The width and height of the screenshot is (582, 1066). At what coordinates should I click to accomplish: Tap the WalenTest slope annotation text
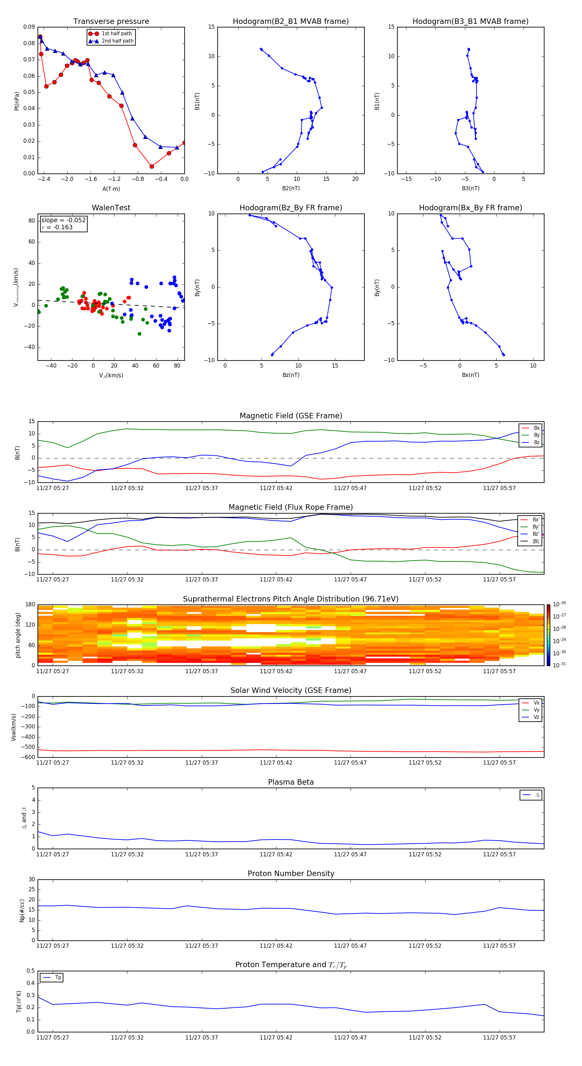click(x=63, y=220)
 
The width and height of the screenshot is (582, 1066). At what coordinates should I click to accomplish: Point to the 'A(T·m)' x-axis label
click(x=111, y=189)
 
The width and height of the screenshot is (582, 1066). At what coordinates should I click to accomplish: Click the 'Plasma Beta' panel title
click(x=290, y=782)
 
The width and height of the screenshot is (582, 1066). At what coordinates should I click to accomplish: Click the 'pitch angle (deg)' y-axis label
click(x=18, y=635)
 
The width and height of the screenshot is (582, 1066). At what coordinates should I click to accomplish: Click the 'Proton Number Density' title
click(x=290, y=873)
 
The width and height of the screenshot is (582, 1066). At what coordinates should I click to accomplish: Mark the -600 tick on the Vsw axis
click(x=28, y=757)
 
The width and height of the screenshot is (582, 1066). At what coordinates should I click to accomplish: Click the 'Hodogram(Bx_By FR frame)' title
click(x=470, y=208)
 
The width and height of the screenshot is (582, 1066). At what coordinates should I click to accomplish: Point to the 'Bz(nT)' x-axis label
click(x=290, y=375)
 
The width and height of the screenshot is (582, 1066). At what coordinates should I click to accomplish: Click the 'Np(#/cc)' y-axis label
click(x=22, y=910)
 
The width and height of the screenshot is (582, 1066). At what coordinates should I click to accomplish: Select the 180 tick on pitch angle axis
click(x=30, y=605)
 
